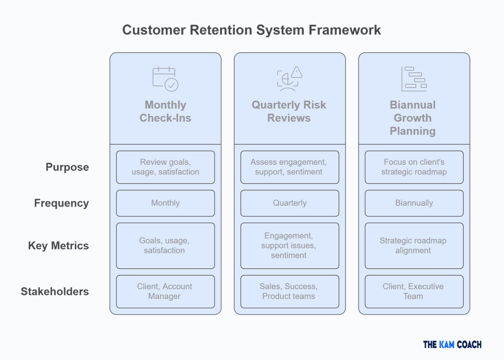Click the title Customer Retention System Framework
point(252,30)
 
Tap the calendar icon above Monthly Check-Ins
point(165,79)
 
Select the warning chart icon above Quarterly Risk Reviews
point(289,79)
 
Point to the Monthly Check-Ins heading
point(165,111)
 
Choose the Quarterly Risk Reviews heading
point(289,111)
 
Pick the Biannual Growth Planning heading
point(413,118)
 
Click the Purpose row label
point(67,167)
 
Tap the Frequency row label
point(62,203)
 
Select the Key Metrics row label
point(59,246)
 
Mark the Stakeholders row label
point(55,292)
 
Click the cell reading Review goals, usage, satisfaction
point(165,167)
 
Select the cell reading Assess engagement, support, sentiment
point(289,167)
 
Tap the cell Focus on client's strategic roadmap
point(414,167)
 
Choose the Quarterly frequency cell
point(289,203)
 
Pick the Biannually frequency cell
point(414,203)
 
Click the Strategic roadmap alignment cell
point(414,245)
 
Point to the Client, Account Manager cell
point(165,291)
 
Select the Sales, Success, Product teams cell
point(289,291)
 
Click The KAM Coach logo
point(452,344)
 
